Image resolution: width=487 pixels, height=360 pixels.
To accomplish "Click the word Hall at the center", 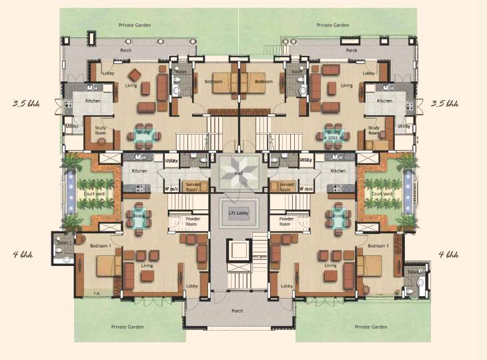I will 239,174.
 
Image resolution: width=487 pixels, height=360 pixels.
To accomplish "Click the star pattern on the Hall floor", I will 239,167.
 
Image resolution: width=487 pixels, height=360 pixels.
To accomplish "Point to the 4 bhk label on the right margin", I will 448,254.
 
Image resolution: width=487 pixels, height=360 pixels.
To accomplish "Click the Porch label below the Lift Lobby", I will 238,311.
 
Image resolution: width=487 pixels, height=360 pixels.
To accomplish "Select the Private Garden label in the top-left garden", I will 134,25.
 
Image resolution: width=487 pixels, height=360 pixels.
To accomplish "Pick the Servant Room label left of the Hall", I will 192,187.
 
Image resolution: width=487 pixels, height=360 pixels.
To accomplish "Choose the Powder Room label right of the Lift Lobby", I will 286,222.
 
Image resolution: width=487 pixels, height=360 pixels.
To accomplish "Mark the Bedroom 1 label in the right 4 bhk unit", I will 378,246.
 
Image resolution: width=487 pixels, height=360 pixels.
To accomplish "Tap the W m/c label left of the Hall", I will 172,189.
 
